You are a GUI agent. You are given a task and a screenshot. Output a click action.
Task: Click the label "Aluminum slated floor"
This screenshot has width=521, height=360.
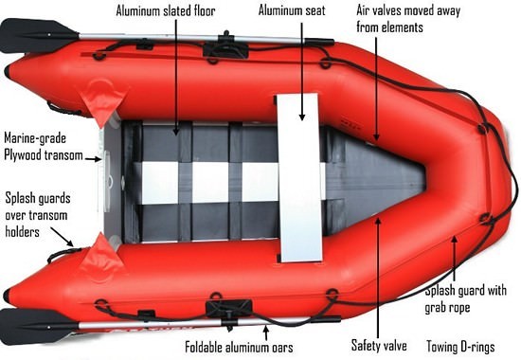[x=167, y=12]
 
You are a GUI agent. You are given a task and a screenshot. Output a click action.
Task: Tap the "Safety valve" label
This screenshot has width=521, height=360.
[x=378, y=346]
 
